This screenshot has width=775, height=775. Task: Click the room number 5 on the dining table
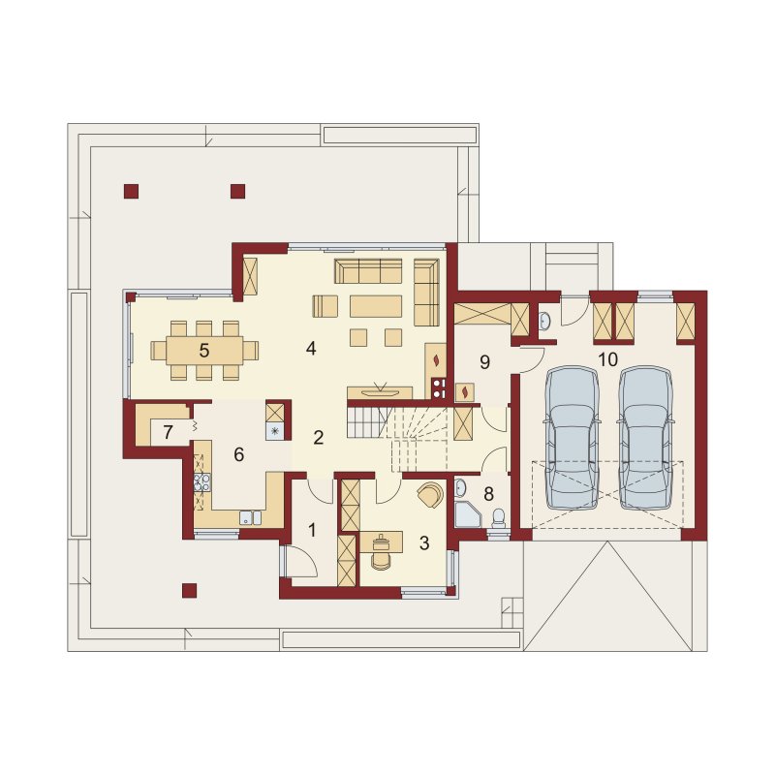(x=204, y=351)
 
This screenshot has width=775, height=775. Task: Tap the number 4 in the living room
(x=311, y=349)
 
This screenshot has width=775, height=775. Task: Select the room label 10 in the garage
(x=607, y=359)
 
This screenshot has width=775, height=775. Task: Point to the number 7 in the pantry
(x=168, y=432)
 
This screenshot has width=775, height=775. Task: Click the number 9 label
(x=484, y=362)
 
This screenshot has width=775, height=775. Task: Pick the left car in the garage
(x=572, y=438)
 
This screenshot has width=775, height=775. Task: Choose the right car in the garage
(x=646, y=438)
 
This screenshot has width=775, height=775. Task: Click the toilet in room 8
(x=499, y=519)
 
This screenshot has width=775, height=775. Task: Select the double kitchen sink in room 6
(x=251, y=517)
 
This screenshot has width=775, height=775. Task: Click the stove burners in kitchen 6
(x=201, y=482)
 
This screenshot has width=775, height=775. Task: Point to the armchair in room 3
(x=431, y=494)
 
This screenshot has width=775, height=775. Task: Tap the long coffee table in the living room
(x=376, y=306)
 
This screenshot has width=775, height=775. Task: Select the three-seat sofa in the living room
(x=368, y=271)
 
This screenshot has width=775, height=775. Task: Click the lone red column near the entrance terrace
(x=189, y=591)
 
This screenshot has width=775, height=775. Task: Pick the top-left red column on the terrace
(x=131, y=191)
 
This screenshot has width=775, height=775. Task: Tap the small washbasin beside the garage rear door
(x=544, y=321)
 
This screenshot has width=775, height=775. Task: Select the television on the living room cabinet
(x=380, y=392)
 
